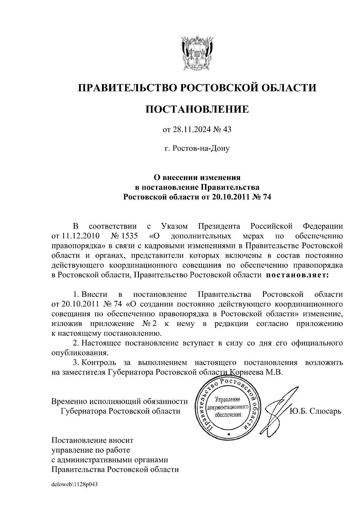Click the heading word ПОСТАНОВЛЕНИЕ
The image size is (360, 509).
click(x=197, y=109)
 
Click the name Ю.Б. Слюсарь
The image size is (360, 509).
click(x=315, y=411)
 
